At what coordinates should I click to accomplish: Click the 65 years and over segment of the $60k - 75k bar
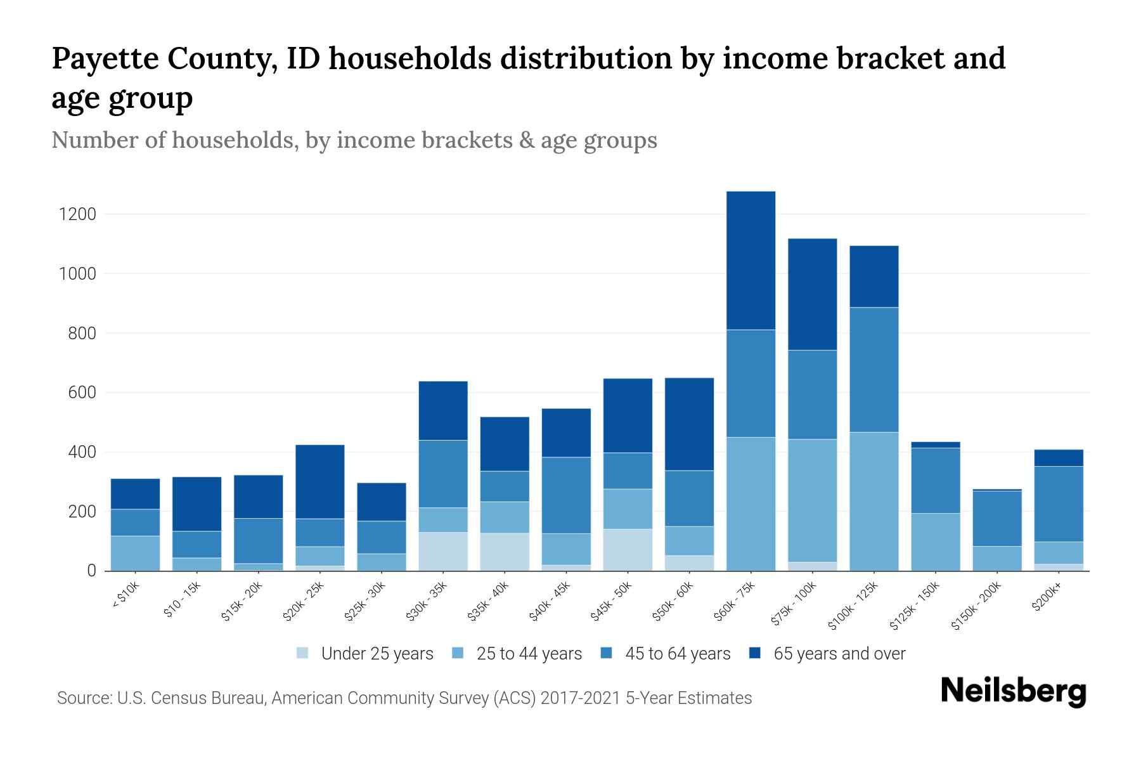[x=751, y=260]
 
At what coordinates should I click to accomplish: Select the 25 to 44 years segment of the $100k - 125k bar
[x=873, y=501]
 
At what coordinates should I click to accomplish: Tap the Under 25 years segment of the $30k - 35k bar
[x=443, y=551]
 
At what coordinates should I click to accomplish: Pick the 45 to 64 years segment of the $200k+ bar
[x=1059, y=504]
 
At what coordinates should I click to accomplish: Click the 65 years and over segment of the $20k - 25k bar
[x=320, y=481]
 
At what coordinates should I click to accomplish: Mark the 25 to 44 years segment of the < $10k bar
[x=135, y=553]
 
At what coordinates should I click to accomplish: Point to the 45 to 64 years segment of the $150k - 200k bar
[x=997, y=518]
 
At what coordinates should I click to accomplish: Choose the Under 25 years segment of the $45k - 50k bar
[x=628, y=549]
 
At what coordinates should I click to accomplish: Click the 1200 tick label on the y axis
[x=77, y=214]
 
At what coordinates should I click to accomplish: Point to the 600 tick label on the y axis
[x=82, y=393]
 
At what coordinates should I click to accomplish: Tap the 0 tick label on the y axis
[x=91, y=571]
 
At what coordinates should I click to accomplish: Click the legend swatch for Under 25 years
[x=303, y=653]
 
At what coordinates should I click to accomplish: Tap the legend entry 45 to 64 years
[x=677, y=653]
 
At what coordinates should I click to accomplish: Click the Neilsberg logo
[x=1013, y=691]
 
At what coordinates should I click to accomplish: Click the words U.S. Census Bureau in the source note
[x=191, y=698]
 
